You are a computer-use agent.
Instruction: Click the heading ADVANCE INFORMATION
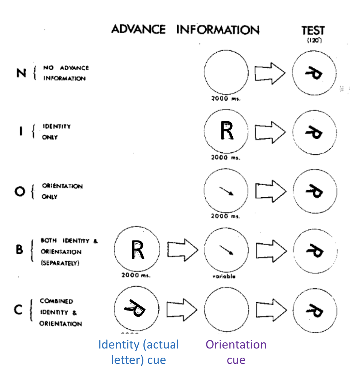185,29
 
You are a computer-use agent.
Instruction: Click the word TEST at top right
313,30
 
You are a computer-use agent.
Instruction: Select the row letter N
22,73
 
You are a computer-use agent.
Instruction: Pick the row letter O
20,191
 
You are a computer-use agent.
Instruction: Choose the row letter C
20,311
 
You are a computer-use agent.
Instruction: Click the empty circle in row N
226,72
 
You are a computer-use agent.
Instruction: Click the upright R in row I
227,131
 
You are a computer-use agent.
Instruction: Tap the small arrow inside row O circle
226,191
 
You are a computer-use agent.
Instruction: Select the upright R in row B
137,250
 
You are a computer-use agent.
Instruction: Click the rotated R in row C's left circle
136,308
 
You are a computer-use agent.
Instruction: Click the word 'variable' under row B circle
224,276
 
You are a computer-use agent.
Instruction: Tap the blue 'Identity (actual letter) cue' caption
139,352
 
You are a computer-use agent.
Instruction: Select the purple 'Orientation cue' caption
236,352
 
